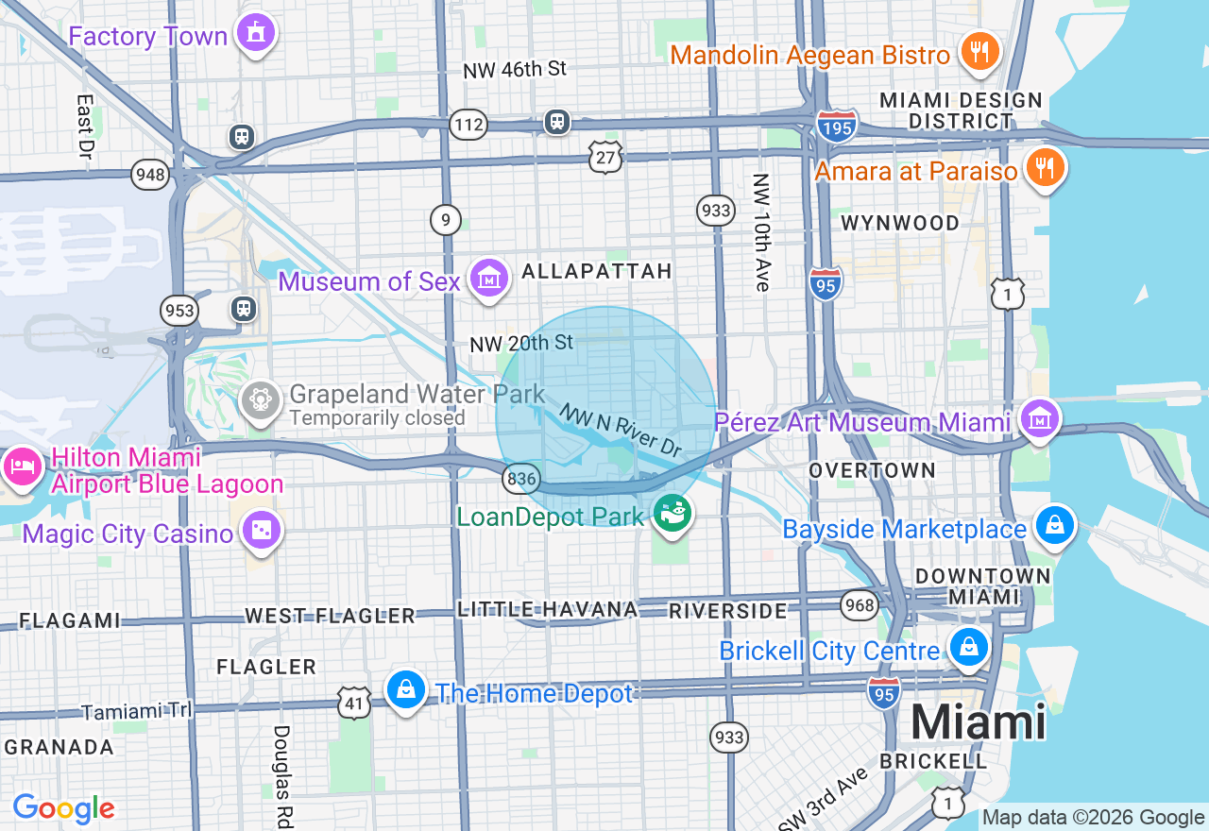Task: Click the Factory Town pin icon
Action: pyautogui.click(x=255, y=33)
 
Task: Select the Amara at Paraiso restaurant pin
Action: pyautogui.click(x=1044, y=167)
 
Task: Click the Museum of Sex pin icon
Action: pyautogui.click(x=489, y=278)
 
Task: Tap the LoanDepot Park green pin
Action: pyautogui.click(x=673, y=515)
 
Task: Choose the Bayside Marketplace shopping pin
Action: pyautogui.click(x=1054, y=525)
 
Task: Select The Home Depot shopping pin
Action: pyautogui.click(x=406, y=690)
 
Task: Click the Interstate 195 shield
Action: pyautogui.click(x=837, y=126)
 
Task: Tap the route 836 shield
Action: pyautogui.click(x=520, y=480)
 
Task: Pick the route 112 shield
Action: pyautogui.click(x=468, y=124)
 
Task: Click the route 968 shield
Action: pyautogui.click(x=860, y=604)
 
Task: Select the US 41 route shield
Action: pyautogui.click(x=353, y=702)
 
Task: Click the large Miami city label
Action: pyautogui.click(x=978, y=722)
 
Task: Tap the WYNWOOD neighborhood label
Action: pyautogui.click(x=899, y=223)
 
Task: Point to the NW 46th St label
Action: pyautogui.click(x=515, y=69)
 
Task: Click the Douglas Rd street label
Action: pyautogui.click(x=281, y=774)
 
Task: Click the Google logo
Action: pyautogui.click(x=63, y=808)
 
